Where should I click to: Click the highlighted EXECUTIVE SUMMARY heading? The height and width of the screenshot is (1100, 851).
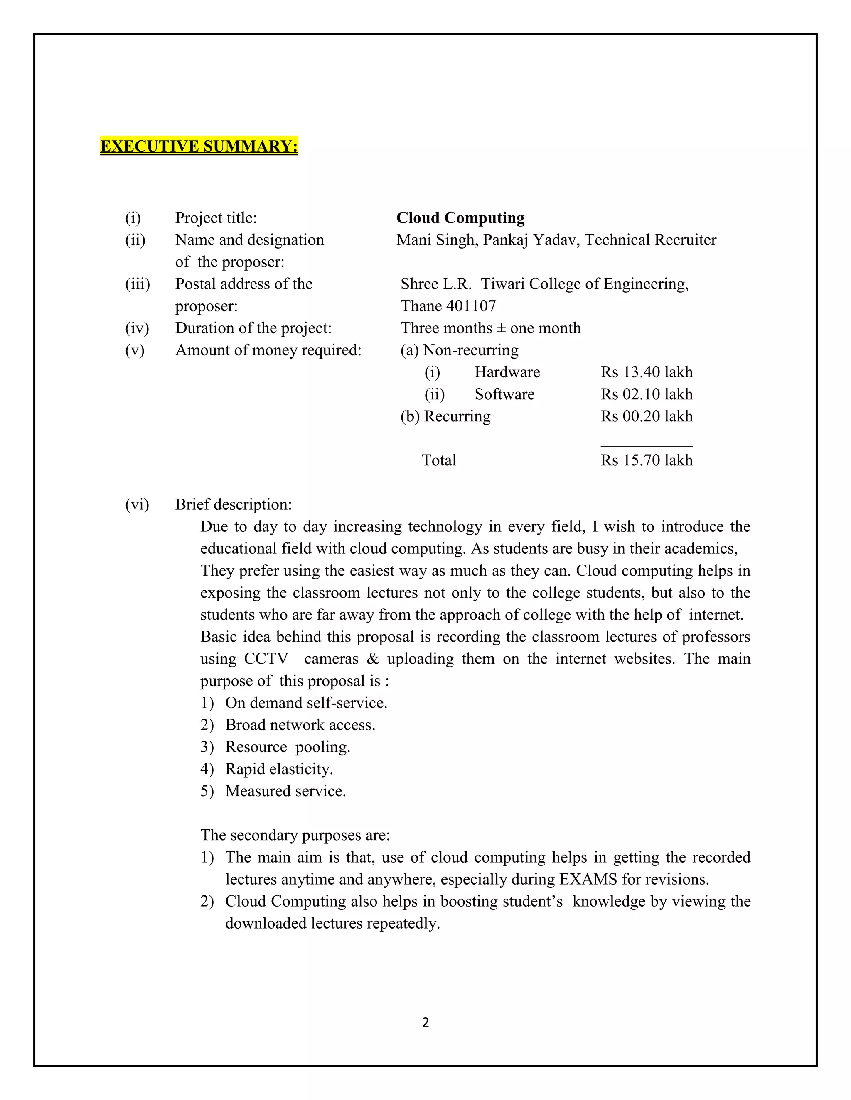click(x=199, y=146)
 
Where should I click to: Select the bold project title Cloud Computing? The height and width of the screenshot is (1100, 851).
click(x=460, y=218)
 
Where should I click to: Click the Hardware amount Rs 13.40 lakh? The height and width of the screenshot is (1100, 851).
click(x=646, y=372)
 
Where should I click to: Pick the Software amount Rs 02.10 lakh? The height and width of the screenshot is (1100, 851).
click(x=646, y=394)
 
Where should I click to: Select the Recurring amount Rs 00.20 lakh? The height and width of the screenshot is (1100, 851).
click(x=646, y=416)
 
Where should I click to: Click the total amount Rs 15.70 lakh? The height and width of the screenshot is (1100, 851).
click(x=646, y=460)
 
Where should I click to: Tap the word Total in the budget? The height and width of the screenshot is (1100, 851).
click(x=439, y=460)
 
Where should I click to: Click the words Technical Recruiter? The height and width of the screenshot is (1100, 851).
click(x=650, y=240)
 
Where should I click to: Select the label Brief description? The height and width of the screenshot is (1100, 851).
click(x=234, y=505)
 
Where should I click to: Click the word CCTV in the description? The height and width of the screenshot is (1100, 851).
click(x=266, y=659)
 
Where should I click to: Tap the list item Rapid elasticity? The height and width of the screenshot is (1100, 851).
click(x=279, y=769)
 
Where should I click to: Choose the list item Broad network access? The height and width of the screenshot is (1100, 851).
click(x=300, y=725)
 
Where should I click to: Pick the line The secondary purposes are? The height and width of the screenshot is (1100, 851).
click(x=295, y=835)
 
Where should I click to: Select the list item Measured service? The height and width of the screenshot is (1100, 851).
click(x=285, y=791)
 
